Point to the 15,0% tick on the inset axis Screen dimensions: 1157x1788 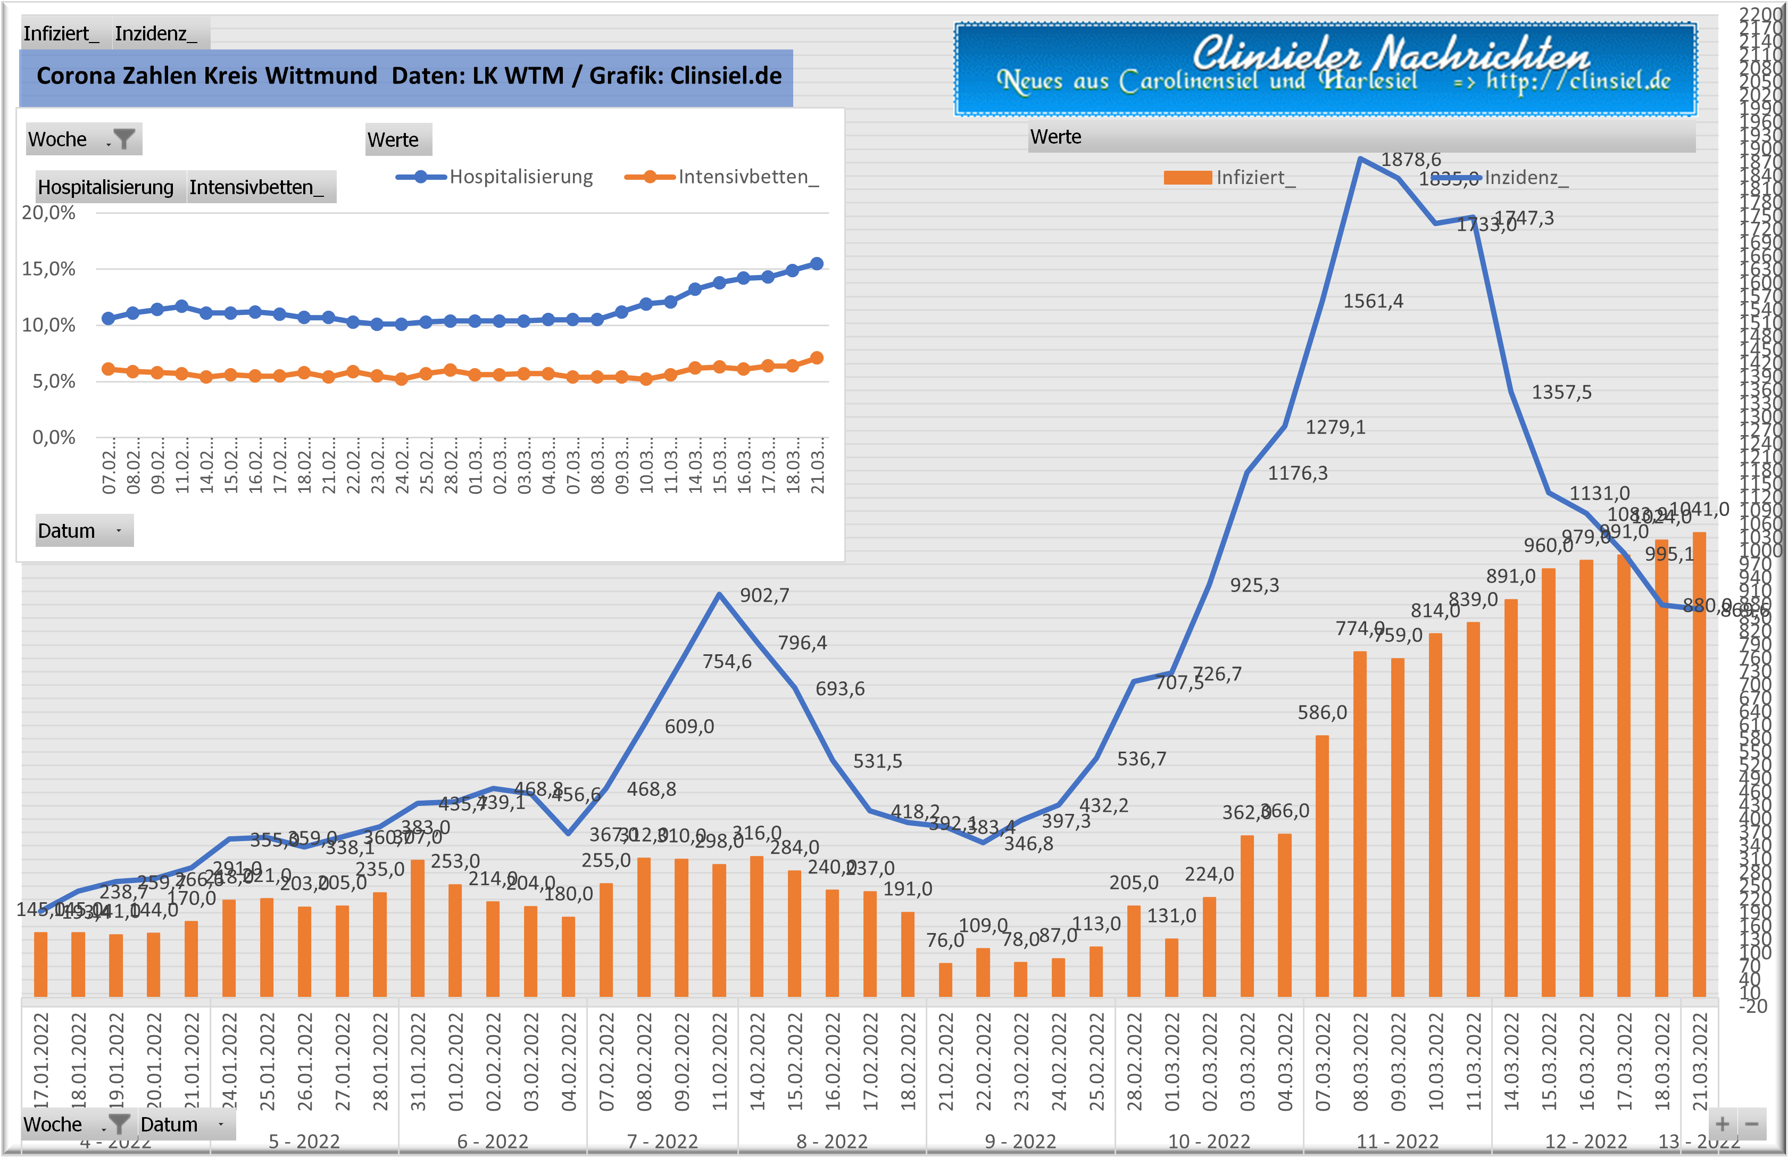[49, 269]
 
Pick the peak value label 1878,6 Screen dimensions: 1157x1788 [1410, 159]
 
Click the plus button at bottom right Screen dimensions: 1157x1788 [1722, 1124]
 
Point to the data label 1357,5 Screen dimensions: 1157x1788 [1561, 392]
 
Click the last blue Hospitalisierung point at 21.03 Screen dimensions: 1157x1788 [817, 264]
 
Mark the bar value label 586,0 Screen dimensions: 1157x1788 [1321, 712]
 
